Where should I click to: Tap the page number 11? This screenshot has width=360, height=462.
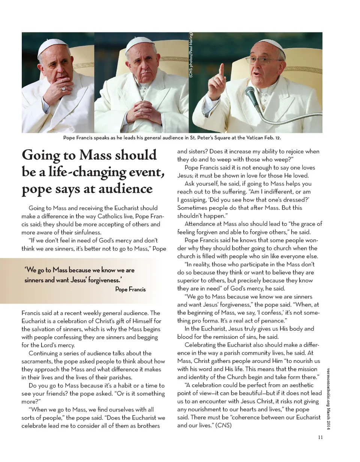point(320,437)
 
